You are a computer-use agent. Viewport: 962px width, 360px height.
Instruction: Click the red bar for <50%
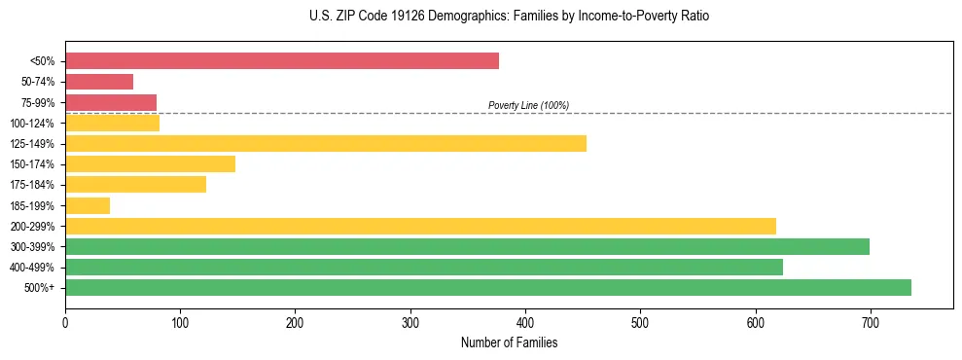click(282, 61)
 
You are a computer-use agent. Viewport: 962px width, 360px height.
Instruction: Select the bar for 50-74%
click(99, 82)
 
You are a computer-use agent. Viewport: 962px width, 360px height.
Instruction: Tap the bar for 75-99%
click(111, 102)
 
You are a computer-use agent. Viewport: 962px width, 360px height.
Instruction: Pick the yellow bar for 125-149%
click(326, 144)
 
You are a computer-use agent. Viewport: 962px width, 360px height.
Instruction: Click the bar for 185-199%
click(88, 205)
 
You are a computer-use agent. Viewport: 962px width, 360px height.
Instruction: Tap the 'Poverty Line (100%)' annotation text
click(528, 105)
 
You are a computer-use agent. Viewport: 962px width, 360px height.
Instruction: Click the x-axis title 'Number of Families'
click(509, 342)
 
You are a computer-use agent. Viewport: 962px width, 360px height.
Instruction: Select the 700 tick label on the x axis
click(871, 322)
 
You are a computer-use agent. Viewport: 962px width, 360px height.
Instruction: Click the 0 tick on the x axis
click(65, 322)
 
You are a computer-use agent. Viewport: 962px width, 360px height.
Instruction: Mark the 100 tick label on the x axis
click(180, 322)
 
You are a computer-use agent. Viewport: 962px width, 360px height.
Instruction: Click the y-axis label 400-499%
click(32, 268)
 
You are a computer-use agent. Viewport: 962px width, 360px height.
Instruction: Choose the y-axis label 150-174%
click(32, 164)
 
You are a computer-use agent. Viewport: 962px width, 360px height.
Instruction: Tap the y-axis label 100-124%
click(32, 124)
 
